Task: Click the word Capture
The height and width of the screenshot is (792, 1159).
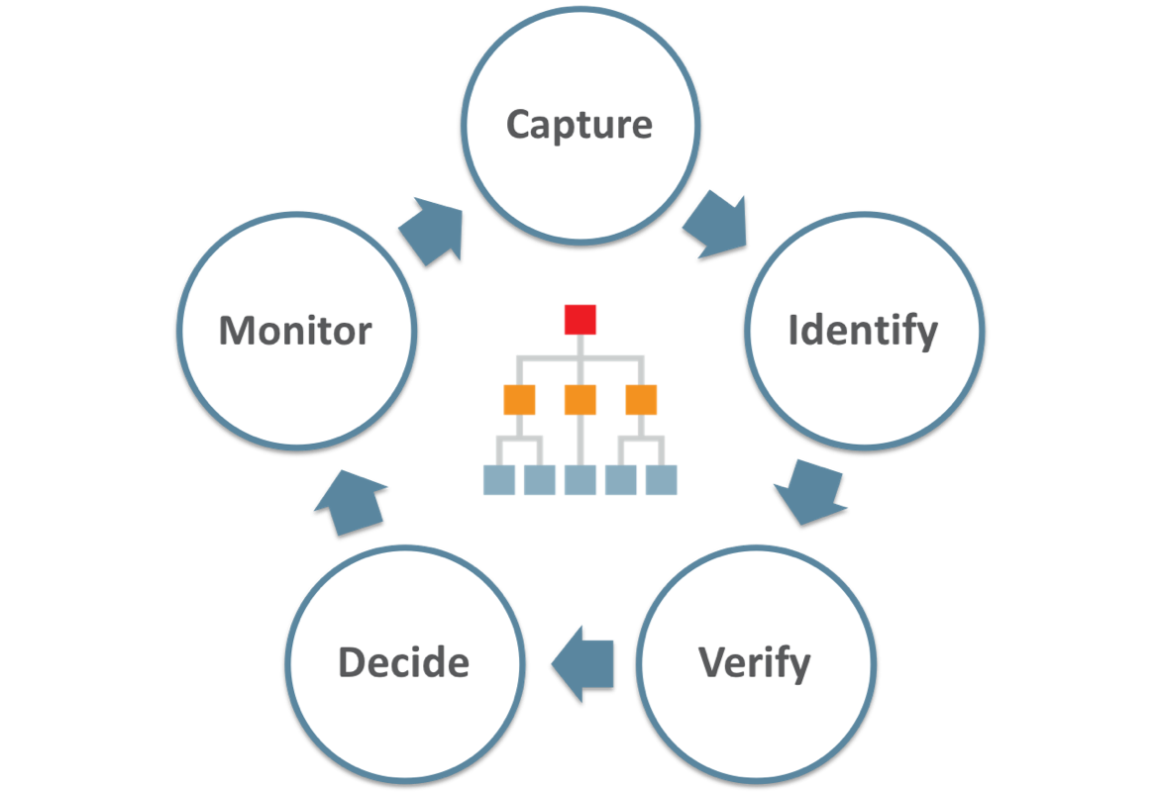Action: click(579, 125)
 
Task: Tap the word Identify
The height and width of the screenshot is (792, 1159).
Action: click(862, 331)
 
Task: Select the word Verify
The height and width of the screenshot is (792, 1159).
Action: click(755, 662)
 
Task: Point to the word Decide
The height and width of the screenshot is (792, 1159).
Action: click(403, 662)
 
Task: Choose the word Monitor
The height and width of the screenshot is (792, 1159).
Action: click(295, 331)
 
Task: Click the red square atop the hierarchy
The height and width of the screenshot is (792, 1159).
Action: click(580, 320)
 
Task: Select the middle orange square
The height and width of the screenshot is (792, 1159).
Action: click(580, 399)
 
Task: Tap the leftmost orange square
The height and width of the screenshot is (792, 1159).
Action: click(520, 399)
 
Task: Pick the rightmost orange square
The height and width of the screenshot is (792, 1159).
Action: click(641, 399)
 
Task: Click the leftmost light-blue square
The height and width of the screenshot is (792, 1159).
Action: click(499, 480)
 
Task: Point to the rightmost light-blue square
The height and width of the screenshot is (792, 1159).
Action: click(662, 480)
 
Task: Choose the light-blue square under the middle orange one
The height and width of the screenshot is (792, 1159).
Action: click(580, 480)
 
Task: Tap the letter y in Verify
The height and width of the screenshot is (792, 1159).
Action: click(799, 665)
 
